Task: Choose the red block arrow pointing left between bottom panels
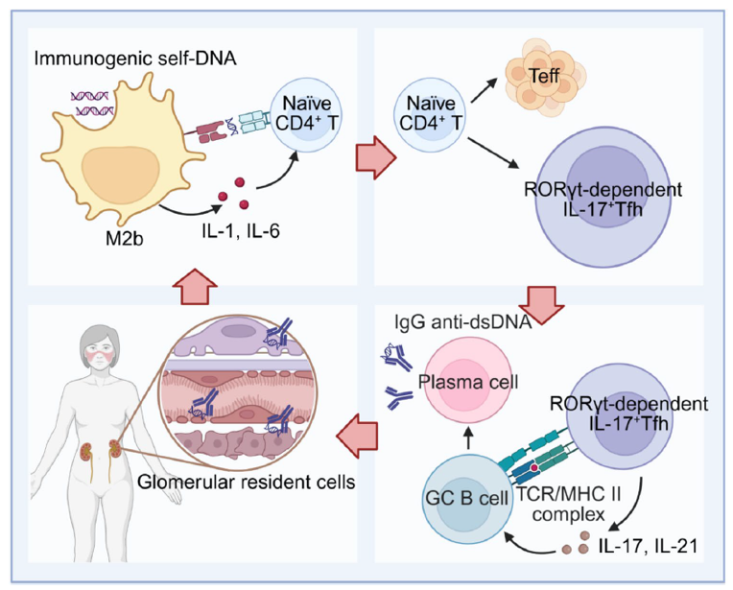tap(364, 437)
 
